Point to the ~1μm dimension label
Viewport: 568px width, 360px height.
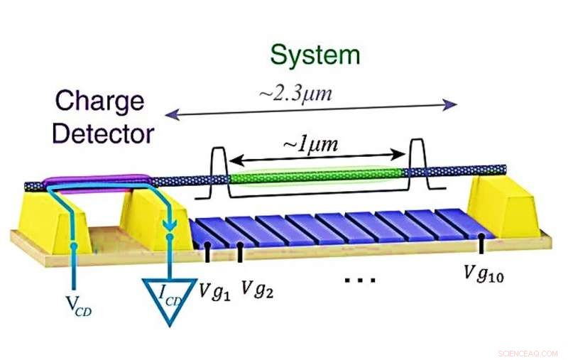click(310, 146)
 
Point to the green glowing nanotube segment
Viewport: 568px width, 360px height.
click(315, 173)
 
